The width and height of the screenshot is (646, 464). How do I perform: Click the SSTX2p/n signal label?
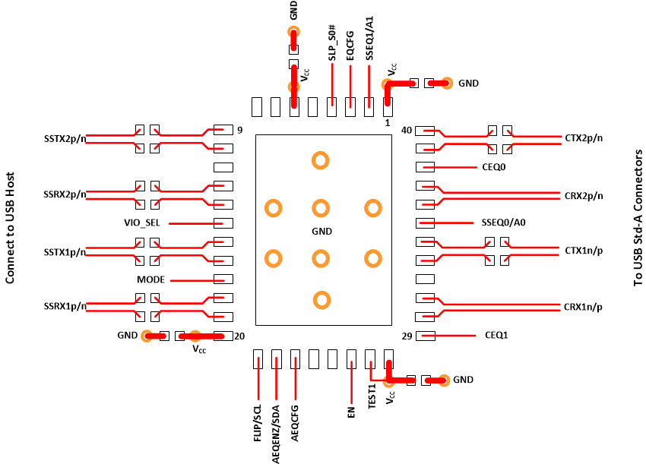[x=65, y=139]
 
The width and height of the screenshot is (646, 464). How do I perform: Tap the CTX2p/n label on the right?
[x=583, y=138]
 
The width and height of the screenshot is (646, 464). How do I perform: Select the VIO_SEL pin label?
[x=144, y=223]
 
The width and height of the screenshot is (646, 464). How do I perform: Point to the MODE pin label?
[x=150, y=279]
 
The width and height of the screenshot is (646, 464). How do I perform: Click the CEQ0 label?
[x=493, y=166]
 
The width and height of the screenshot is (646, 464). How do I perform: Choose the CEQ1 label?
[x=496, y=335]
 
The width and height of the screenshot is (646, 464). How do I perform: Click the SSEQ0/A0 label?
[x=503, y=223]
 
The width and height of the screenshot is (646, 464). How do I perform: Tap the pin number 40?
[x=407, y=131]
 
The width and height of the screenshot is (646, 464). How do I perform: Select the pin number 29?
[x=407, y=336]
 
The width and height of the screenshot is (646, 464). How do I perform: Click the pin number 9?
[x=239, y=130]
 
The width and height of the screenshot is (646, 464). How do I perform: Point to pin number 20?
[x=239, y=336]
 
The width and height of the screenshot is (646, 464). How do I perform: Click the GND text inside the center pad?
[x=322, y=231]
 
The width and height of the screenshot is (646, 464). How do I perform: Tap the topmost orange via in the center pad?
[x=321, y=160]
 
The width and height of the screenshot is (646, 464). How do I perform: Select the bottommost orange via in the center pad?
[x=321, y=300]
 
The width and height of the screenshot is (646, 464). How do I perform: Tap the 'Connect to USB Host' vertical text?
[x=11, y=227]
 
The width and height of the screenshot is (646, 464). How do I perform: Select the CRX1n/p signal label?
[x=583, y=308]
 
